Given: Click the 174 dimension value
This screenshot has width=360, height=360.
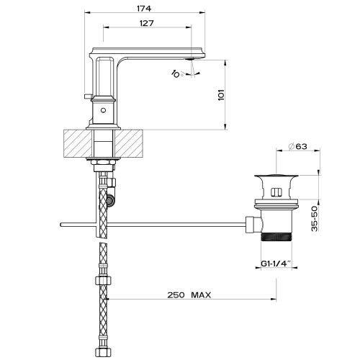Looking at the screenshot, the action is click(x=144, y=9).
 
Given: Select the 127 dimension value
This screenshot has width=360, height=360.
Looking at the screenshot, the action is click(x=146, y=23).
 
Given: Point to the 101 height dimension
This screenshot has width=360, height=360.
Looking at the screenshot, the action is click(x=221, y=95).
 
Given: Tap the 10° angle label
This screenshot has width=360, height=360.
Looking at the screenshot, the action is click(x=177, y=73).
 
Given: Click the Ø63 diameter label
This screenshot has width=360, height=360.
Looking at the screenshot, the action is click(x=297, y=146).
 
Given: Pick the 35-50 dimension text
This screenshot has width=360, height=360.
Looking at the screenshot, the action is click(x=315, y=218).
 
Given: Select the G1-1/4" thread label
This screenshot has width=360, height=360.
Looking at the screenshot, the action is click(x=276, y=264).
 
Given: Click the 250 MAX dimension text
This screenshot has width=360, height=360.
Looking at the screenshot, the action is click(x=189, y=294).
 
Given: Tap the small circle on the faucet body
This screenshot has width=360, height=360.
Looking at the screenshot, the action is click(x=103, y=110).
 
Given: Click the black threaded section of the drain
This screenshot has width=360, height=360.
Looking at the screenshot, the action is click(x=276, y=237).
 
